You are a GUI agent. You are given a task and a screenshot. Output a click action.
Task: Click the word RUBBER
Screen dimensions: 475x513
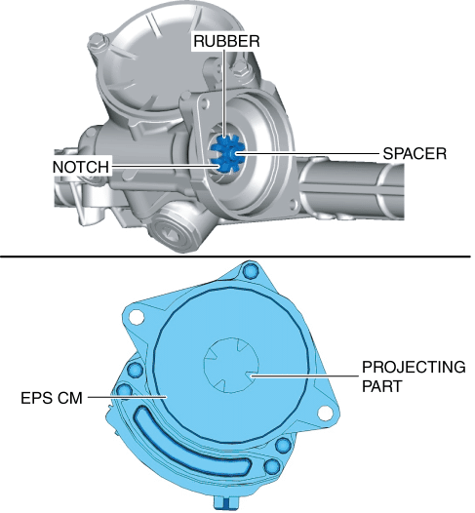pyautogui.click(x=226, y=41)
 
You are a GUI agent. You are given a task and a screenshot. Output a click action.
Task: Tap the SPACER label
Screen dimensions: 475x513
pyautogui.click(x=415, y=153)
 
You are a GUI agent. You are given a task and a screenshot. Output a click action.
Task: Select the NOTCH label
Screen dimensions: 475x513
pyautogui.click(x=81, y=167)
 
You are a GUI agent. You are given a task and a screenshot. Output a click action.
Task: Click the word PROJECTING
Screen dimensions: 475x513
pyautogui.click(x=414, y=367)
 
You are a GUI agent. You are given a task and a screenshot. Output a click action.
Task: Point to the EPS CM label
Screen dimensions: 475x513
pyautogui.click(x=52, y=398)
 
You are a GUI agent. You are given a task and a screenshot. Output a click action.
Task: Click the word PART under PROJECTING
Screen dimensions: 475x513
pyautogui.click(x=382, y=386)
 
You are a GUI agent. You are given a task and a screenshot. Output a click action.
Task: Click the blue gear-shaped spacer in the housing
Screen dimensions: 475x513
pyautogui.click(x=227, y=154)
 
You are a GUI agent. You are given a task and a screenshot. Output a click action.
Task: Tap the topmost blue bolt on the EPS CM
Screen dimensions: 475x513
pyautogui.click(x=251, y=271)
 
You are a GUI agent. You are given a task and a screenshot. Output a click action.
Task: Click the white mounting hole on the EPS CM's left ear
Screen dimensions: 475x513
pyautogui.click(x=136, y=317)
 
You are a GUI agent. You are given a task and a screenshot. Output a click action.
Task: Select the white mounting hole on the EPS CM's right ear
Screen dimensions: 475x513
pyautogui.click(x=325, y=413)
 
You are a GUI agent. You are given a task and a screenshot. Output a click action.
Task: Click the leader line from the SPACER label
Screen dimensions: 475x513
pyautogui.click(x=306, y=153)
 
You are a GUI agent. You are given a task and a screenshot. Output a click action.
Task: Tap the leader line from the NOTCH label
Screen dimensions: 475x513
pyautogui.click(x=165, y=167)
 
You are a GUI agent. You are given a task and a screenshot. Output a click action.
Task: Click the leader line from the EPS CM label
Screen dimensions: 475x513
pyautogui.click(x=127, y=397)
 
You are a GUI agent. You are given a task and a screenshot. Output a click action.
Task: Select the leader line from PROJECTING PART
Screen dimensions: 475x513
pyautogui.click(x=304, y=375)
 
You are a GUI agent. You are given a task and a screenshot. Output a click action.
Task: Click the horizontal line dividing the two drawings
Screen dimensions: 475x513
pyautogui.click(x=235, y=256)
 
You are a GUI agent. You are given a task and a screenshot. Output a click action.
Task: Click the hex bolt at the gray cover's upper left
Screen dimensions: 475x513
pyautogui.click(x=99, y=42)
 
